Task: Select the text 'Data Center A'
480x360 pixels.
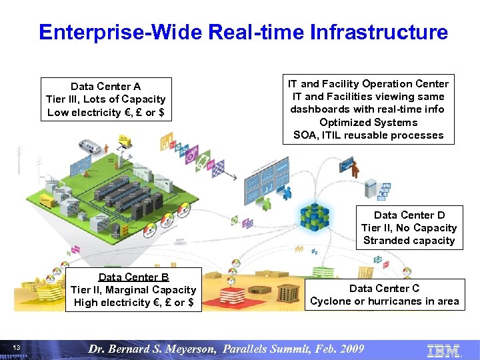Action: tap(105, 86)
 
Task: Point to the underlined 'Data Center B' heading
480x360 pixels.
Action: tap(133, 277)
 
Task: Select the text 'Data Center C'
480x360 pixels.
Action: tap(384, 288)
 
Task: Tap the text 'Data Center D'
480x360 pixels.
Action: tap(409, 215)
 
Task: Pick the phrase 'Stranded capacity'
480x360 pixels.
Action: tap(409, 241)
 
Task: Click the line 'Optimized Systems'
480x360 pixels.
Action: tap(368, 122)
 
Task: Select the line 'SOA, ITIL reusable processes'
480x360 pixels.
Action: tap(368, 135)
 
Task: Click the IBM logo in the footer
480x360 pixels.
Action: tap(443, 349)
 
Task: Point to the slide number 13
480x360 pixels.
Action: tap(17, 348)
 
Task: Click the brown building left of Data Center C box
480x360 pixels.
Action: tap(287, 293)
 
